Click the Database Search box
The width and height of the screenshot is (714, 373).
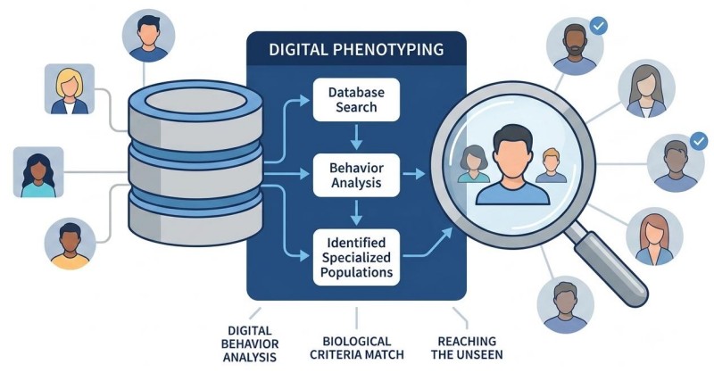356,100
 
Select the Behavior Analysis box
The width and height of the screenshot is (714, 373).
356,175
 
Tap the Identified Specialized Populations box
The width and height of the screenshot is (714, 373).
356,257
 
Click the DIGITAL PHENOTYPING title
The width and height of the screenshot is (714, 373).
356,49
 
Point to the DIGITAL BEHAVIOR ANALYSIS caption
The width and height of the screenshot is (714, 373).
250,344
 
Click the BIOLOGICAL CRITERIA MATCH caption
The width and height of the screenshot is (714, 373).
356,348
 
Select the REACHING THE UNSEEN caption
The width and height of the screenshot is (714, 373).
467,348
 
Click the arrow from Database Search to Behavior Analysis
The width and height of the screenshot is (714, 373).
356,137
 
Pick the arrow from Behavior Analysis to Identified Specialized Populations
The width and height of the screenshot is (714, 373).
356,212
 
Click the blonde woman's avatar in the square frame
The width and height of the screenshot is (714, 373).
70,89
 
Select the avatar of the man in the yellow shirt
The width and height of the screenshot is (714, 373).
70,244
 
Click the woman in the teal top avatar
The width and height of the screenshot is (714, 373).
38,172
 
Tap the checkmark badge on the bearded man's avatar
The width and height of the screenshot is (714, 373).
598,27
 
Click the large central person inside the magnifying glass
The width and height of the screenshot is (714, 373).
512,165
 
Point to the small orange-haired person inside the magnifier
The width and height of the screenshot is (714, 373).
551,165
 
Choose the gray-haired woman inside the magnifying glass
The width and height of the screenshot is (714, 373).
474,164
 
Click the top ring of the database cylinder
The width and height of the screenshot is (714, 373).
195,100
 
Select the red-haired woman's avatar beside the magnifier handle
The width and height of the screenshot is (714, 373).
654,236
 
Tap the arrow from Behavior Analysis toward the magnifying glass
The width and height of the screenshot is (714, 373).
414,173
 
